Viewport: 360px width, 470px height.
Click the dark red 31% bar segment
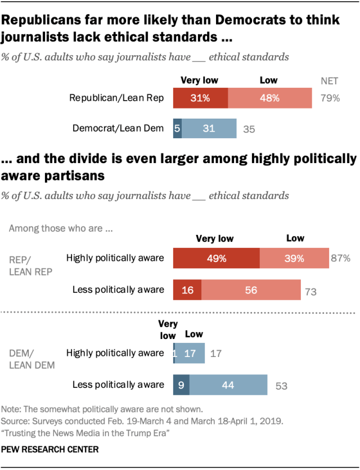(x=200, y=98)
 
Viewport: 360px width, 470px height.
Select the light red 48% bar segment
(x=269, y=98)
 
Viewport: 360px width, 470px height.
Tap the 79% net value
(x=330, y=98)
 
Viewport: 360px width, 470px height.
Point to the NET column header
(x=330, y=80)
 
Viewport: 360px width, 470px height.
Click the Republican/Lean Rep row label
(x=116, y=98)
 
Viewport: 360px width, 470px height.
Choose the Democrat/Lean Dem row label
(x=118, y=129)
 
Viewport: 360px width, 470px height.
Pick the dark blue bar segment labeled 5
(x=177, y=129)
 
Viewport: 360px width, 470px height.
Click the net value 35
(x=249, y=129)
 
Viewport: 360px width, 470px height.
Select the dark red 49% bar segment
(x=216, y=259)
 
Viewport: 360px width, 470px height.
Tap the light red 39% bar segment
(x=294, y=259)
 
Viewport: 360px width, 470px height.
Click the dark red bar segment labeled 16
(x=187, y=290)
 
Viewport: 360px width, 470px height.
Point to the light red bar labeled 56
(x=251, y=290)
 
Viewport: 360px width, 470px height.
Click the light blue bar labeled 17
(x=191, y=354)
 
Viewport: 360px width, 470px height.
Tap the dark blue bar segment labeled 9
(x=181, y=385)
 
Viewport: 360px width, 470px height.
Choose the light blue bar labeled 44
(x=228, y=385)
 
